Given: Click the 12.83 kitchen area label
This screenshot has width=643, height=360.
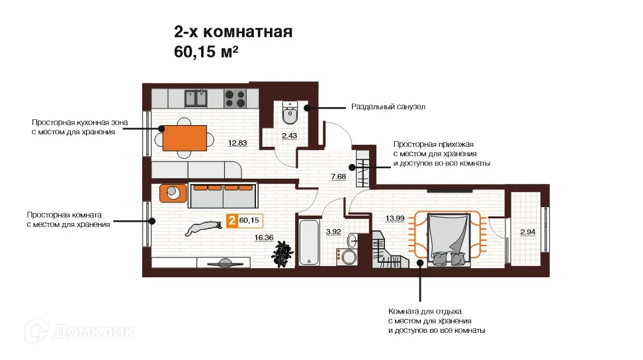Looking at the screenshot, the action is tap(237, 143).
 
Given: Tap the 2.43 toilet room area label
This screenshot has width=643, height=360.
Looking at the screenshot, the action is tap(290, 136).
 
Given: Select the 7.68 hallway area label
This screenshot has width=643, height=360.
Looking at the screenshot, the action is tap(338, 177).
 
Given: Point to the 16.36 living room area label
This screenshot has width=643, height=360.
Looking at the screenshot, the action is tap(264, 238).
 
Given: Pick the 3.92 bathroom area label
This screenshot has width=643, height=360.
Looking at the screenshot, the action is tap(333, 232).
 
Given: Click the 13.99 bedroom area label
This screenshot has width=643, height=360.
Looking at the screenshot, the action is tap(395, 218).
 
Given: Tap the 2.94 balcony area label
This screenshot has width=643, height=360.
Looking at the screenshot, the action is tap(528, 232).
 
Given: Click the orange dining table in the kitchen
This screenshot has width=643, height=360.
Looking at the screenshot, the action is tap(185, 138).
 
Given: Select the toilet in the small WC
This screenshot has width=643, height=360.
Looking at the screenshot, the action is tap(290, 112).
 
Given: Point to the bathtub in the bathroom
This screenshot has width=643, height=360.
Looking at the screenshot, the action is tap(309, 242).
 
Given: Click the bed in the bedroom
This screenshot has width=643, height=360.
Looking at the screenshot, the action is tap(449, 240).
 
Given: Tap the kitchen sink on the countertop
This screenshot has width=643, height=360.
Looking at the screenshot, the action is tap(196, 98).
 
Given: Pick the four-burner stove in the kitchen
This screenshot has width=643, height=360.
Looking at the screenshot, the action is tap(235, 99).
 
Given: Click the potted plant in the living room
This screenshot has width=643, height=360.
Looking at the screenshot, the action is tap(282, 254).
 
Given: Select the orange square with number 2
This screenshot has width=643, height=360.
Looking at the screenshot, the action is tap(232, 220).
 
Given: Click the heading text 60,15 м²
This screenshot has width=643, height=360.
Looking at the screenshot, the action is tap(206, 52).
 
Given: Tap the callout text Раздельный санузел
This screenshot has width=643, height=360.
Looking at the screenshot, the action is tap(388, 107).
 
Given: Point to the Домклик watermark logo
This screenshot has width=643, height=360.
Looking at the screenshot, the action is tap(81, 331).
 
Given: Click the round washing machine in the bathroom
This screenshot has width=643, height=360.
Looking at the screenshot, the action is tap(349, 257).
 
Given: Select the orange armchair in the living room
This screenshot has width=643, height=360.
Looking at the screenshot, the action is tap(173, 193).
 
